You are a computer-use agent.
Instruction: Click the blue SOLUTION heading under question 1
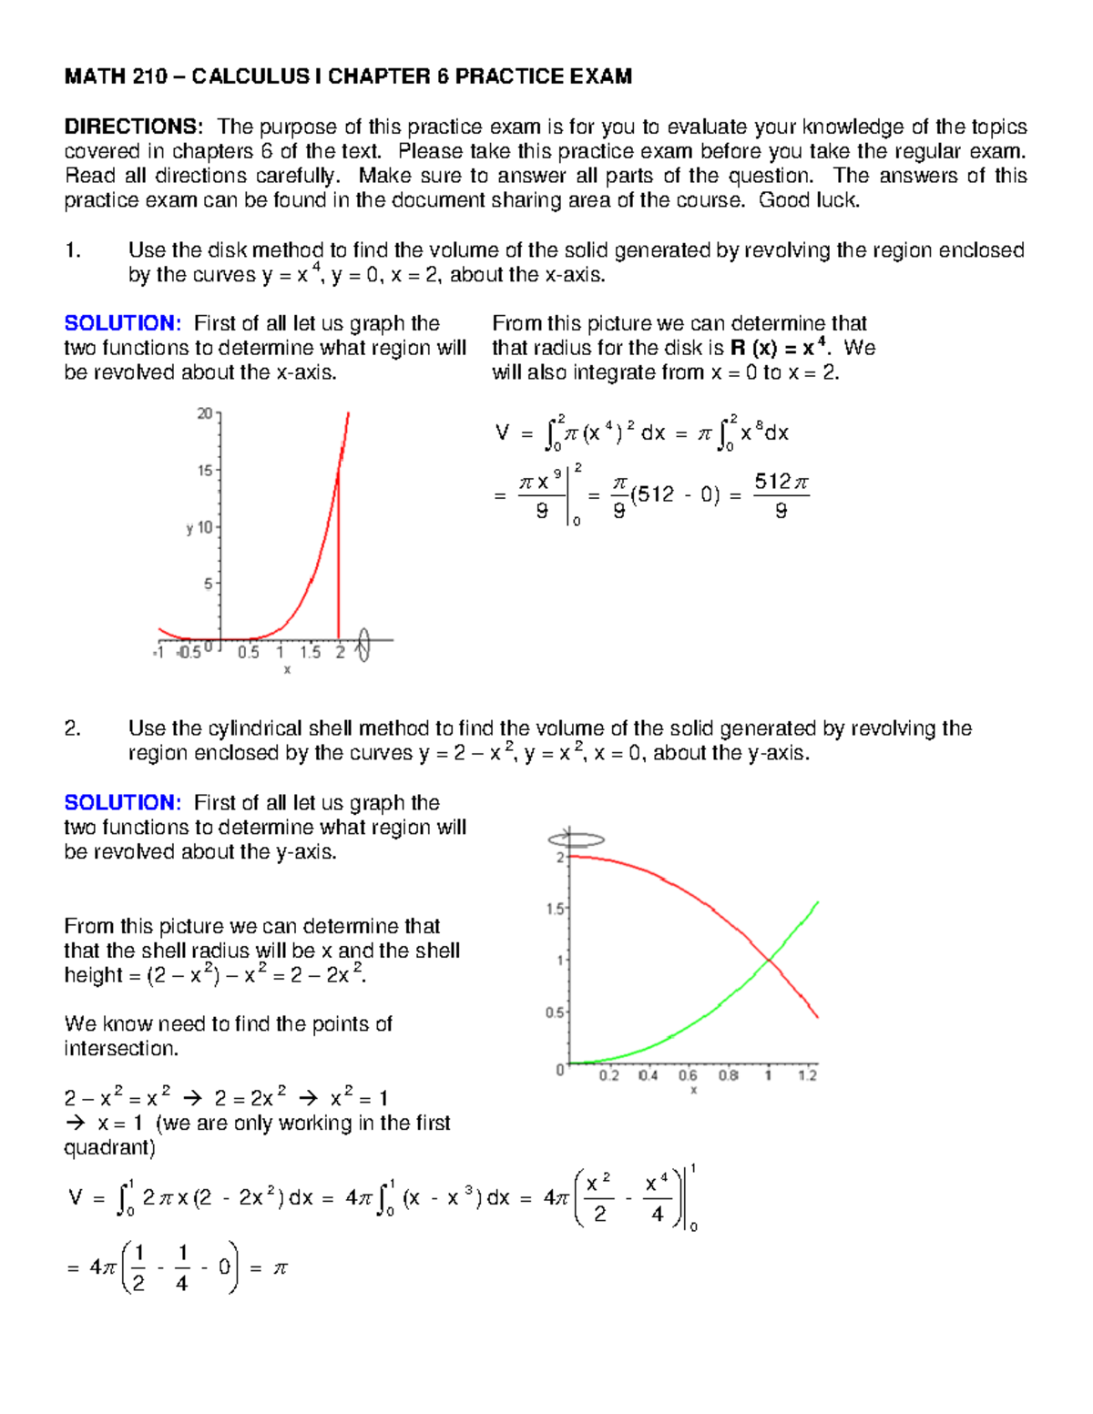point(122,323)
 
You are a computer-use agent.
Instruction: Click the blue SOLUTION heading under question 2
point(122,802)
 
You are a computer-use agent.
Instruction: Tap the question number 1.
point(73,250)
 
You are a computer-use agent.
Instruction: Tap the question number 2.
point(73,728)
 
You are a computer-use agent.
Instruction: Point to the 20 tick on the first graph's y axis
point(206,413)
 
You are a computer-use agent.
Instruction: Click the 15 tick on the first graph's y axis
point(206,471)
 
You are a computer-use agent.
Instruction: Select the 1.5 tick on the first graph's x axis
point(311,652)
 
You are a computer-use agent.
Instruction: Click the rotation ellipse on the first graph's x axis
point(363,644)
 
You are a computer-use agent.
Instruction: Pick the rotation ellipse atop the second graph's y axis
point(576,839)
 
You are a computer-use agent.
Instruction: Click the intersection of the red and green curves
point(770,960)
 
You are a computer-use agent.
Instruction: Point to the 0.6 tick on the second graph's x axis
point(688,1075)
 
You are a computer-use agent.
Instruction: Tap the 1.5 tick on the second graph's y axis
point(555,909)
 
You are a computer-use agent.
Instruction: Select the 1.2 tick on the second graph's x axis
point(807,1075)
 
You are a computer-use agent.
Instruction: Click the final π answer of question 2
point(280,1267)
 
